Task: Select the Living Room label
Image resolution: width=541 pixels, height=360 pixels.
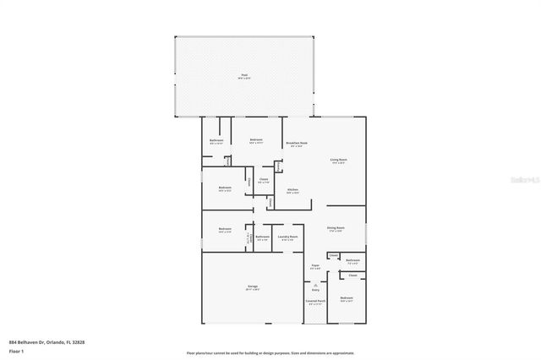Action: [x=340, y=159]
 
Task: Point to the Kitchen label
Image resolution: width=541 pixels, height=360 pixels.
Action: [x=292, y=189]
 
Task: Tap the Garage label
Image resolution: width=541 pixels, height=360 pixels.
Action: [x=252, y=286]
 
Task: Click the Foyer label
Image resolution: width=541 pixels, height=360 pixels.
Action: [x=314, y=266]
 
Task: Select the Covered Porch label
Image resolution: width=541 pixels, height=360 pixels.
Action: [x=315, y=301]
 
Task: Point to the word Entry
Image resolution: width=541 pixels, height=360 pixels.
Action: [x=315, y=289]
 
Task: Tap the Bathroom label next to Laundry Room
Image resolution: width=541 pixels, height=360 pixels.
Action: [x=262, y=237]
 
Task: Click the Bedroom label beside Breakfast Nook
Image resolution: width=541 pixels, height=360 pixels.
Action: [x=255, y=139]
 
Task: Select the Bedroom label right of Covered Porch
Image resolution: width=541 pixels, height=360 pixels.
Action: [x=347, y=298]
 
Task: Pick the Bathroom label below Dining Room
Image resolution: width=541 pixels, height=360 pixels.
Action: [x=352, y=260]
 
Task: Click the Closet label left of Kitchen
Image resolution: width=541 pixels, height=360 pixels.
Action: [x=263, y=178]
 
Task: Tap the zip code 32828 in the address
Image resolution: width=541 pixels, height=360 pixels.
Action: [x=79, y=342]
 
